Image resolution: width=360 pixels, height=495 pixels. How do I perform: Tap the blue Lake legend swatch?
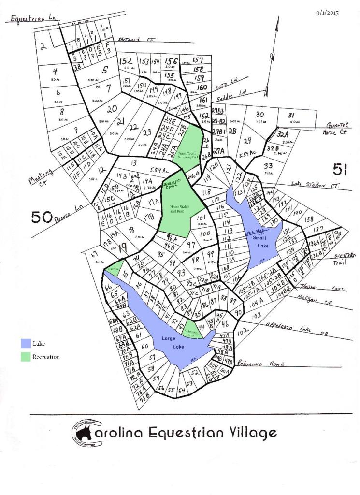click(26, 343)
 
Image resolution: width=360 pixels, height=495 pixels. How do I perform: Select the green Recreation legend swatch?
click(26, 357)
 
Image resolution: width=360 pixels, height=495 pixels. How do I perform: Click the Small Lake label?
click(263, 243)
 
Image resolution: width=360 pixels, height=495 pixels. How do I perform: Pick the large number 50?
click(41, 218)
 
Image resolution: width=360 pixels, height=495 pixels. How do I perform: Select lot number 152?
click(126, 61)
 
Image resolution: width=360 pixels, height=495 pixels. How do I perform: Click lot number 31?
click(291, 115)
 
